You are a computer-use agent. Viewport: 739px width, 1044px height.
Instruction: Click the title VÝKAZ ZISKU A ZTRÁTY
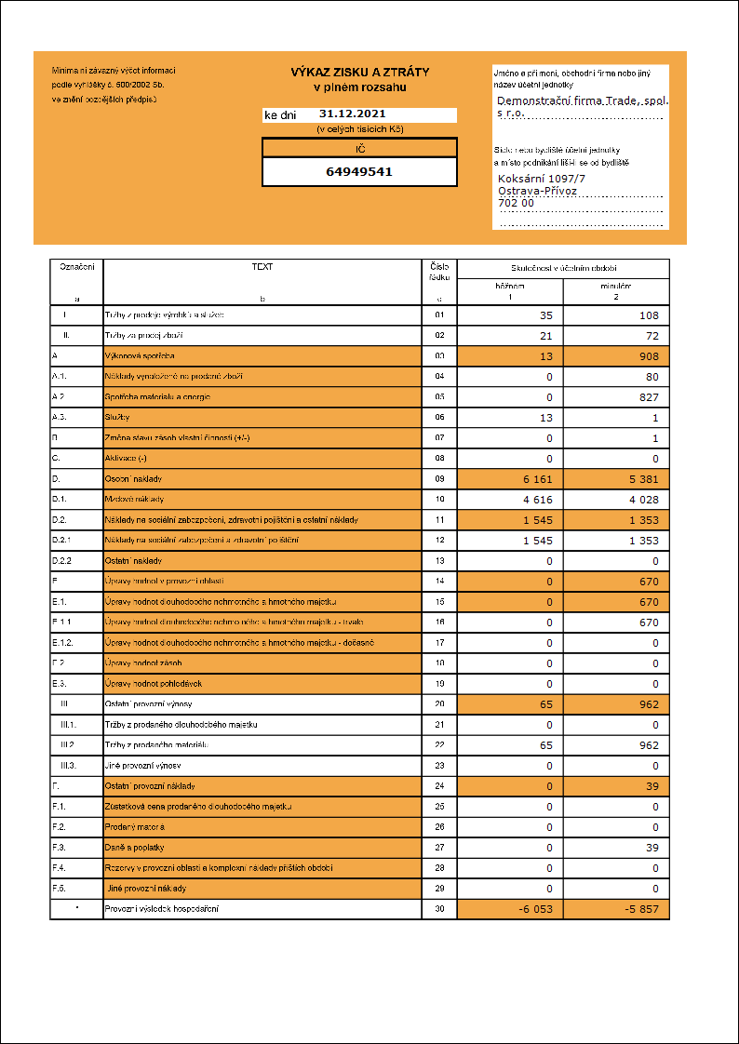coord(359,72)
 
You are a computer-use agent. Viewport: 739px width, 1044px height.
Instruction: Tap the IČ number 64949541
coord(359,172)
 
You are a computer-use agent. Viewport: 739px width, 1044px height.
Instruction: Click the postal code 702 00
coord(517,203)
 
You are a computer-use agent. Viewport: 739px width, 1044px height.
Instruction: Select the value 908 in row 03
coord(648,356)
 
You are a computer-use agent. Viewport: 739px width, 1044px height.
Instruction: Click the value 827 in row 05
coord(648,397)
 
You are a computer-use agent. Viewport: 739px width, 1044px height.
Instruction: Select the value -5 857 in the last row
coord(638,909)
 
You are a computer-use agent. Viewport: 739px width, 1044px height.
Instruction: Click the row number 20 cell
coord(439,704)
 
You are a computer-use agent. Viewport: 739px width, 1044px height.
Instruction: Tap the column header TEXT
coord(262,266)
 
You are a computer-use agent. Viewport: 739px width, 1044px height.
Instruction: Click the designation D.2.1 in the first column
coord(62,541)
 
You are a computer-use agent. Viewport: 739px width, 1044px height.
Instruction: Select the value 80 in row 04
coord(652,377)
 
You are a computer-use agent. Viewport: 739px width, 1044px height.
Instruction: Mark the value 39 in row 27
coord(652,848)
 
